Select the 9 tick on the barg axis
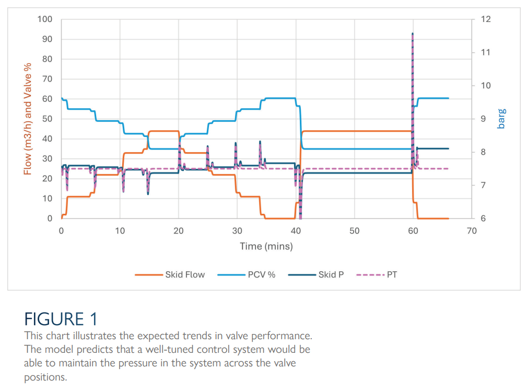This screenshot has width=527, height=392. (x=482, y=119)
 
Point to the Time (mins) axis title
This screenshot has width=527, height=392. (x=266, y=246)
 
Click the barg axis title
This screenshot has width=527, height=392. (x=501, y=119)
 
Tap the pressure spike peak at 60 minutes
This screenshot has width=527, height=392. (x=413, y=33)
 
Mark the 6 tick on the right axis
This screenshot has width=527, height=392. (x=482, y=218)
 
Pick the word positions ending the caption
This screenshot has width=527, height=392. (x=45, y=376)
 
